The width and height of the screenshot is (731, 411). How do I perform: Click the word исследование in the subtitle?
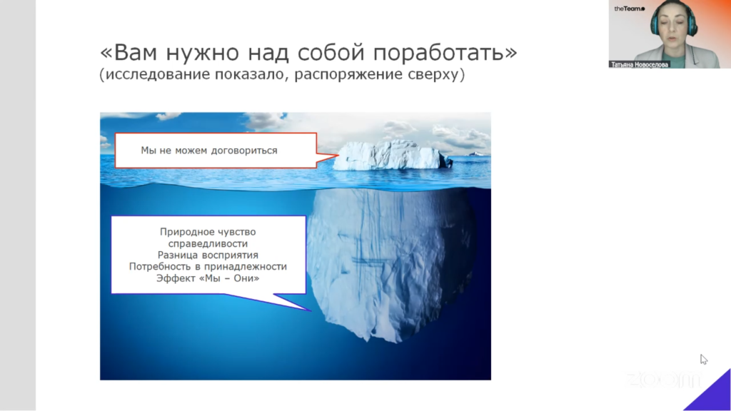pos(158,74)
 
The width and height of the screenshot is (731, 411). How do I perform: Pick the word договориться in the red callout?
pos(244,151)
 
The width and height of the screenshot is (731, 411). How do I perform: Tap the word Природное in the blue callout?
pos(183,232)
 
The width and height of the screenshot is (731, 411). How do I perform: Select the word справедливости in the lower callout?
pos(208,243)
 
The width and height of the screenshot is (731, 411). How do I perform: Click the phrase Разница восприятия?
pos(208,255)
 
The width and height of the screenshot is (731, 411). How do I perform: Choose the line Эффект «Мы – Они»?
pos(208,278)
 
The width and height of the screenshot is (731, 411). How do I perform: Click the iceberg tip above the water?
pos(392,155)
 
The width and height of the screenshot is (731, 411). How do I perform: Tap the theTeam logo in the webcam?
pos(630,9)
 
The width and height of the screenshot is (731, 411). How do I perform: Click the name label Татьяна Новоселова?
pos(639,65)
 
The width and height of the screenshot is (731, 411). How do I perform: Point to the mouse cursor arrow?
pos(703,360)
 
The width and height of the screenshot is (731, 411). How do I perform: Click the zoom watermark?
pos(663,380)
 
